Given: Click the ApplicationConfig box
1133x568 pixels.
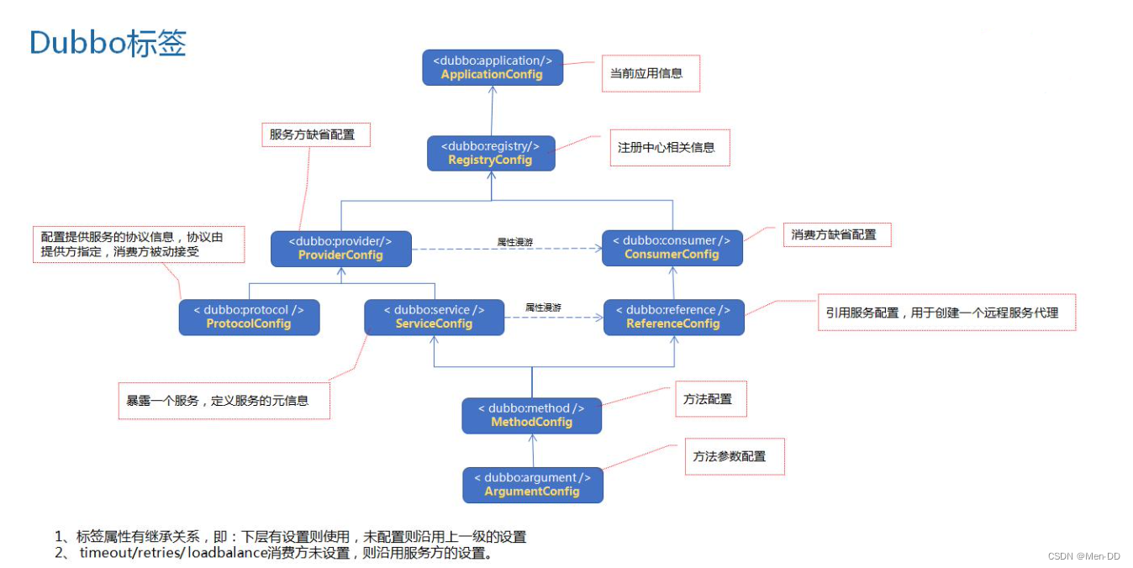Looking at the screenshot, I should point(493,67).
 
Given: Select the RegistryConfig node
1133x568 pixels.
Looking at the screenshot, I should point(491,153).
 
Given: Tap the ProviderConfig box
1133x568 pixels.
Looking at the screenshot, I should point(341,248).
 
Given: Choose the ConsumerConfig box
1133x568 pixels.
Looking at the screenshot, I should point(672,248).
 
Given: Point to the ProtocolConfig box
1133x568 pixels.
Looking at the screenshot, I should point(249,317).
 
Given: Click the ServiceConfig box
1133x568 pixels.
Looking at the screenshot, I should point(434,317).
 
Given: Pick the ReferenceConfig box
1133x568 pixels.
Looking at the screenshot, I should point(673,317).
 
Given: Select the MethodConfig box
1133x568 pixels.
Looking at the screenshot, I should point(532,415).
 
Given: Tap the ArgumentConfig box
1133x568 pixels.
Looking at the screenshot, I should point(532,485).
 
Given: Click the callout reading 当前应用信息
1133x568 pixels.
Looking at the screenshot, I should point(649,74).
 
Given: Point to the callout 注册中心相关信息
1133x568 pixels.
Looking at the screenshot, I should point(669,148).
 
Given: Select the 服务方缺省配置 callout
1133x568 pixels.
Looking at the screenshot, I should point(314,134).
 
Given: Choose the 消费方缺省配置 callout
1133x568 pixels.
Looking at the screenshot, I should point(835,235).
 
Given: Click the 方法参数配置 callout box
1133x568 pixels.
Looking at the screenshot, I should point(734,456).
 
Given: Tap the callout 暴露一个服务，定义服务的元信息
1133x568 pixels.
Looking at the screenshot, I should point(223,401).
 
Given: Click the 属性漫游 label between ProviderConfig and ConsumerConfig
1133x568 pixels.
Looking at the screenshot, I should point(514,241).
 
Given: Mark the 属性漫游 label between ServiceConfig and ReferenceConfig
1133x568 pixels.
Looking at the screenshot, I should point(543,308).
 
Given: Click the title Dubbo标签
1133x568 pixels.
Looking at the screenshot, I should point(108,43).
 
